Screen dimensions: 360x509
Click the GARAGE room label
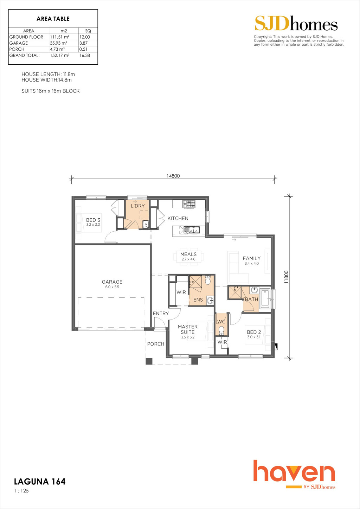point(112,282)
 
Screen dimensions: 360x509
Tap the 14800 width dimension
point(173,176)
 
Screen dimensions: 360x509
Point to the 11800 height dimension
point(286,277)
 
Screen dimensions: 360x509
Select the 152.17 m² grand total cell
point(60,56)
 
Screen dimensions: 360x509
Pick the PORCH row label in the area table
point(17,49)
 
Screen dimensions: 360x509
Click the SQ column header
point(88,31)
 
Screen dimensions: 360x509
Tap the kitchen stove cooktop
point(189,204)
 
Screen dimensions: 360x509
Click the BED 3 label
point(93,220)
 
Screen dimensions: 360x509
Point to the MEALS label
point(188,254)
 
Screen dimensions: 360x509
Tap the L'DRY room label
point(138,206)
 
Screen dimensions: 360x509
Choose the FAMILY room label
point(252,258)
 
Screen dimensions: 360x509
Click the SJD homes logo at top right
point(296,23)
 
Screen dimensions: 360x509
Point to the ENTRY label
point(161,313)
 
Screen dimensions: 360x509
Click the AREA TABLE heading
point(53,19)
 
